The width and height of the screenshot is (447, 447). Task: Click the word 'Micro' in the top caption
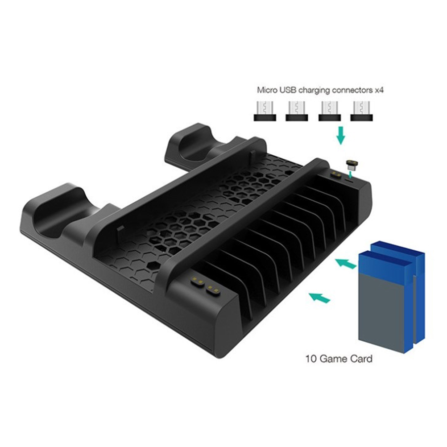tap(267, 90)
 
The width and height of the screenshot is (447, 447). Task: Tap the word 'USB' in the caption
tap(288, 90)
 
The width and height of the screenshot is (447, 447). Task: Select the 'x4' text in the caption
tap(379, 91)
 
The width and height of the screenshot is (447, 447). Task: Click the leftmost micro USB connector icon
tap(265, 111)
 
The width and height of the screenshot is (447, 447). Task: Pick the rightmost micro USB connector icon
tap(361, 111)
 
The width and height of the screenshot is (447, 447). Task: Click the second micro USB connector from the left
tap(297, 111)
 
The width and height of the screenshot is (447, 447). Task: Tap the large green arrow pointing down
tap(341, 136)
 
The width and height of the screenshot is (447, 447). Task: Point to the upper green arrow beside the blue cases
tap(345, 263)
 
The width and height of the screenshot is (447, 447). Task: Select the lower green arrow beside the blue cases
tap(319, 298)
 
